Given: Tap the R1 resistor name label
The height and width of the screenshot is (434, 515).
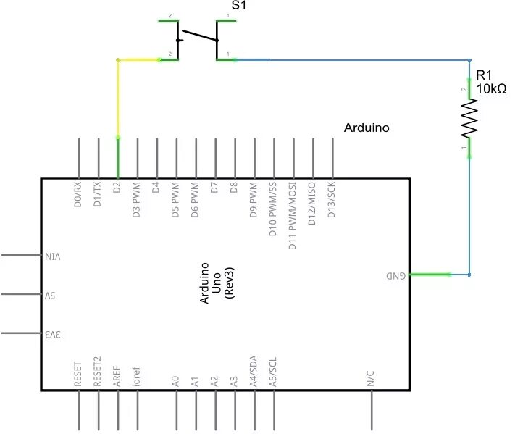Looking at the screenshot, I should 483,75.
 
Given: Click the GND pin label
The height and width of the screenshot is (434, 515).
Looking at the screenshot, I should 395,276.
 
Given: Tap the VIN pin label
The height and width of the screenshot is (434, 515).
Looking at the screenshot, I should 54,256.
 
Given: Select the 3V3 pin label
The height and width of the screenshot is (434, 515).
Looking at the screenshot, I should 54,335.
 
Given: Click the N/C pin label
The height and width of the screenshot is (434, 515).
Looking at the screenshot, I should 370,378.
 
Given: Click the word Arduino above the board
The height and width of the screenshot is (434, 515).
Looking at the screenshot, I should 367,128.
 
